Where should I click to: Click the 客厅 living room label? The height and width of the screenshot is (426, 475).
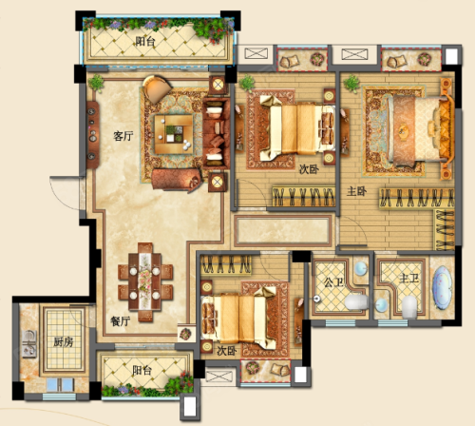pyautogui.click(x=123, y=136)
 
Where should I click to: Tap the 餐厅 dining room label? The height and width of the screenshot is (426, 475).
pyautogui.click(x=120, y=321)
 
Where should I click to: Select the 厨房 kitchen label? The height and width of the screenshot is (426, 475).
pyautogui.click(x=64, y=342)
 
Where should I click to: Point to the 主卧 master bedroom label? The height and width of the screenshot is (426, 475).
pyautogui.click(x=356, y=191)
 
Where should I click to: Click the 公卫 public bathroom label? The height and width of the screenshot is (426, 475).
pyautogui.click(x=333, y=282)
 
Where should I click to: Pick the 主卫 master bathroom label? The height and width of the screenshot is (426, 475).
pyautogui.click(x=408, y=279)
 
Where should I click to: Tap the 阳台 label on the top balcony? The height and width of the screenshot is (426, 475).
pyautogui.click(x=145, y=41)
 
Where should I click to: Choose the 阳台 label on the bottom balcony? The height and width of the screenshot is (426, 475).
pyautogui.click(x=142, y=370)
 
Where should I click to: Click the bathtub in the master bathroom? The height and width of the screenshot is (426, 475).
pyautogui.click(x=443, y=287)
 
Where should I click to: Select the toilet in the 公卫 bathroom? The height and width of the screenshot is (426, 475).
pyautogui.click(x=356, y=302)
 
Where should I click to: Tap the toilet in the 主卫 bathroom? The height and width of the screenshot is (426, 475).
pyautogui.click(x=409, y=307)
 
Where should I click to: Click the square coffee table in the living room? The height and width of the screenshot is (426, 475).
pyautogui.click(x=174, y=134)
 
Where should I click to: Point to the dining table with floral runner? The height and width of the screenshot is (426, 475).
pyautogui.click(x=145, y=282)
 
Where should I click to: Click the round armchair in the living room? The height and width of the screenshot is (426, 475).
pyautogui.click(x=157, y=88)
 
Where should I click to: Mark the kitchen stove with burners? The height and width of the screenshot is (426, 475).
pyautogui.click(x=29, y=344)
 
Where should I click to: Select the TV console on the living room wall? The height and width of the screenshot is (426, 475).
pyautogui.click(x=92, y=135)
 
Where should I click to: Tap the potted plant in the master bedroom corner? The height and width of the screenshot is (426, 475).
pyautogui.click(x=351, y=84)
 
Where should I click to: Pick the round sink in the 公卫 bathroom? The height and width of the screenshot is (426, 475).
pyautogui.click(x=361, y=269)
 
